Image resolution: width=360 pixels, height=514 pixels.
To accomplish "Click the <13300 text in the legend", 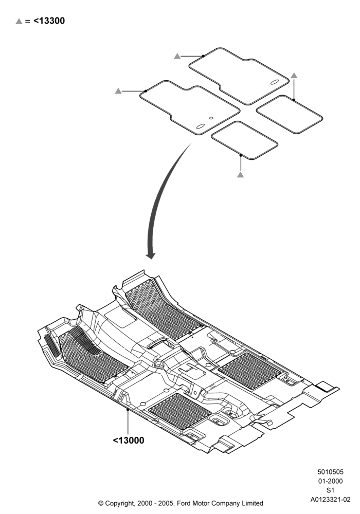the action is (x=49, y=21).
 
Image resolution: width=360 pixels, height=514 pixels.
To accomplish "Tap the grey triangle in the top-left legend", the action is (x=19, y=21).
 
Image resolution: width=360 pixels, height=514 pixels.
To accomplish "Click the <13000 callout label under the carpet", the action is (x=129, y=440).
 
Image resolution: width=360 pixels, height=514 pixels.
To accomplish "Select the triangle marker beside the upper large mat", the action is (x=177, y=56).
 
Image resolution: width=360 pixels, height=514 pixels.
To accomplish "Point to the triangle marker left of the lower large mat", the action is (x=118, y=91).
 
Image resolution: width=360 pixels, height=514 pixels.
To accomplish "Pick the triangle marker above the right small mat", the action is (x=294, y=76).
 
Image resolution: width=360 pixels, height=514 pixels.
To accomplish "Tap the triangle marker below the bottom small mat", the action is (x=240, y=174).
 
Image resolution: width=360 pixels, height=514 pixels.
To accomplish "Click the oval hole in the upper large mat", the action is (x=275, y=82).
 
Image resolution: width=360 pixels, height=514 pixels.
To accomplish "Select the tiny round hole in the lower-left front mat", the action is (x=211, y=118).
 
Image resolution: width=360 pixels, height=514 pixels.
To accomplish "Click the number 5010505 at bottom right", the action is (x=331, y=472).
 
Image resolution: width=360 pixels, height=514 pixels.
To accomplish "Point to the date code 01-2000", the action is (x=331, y=481).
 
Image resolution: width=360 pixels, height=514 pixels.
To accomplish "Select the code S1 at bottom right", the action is (x=331, y=490).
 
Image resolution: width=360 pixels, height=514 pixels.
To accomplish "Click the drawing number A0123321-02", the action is (x=331, y=499).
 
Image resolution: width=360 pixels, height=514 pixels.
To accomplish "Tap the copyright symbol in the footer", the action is (x=101, y=503).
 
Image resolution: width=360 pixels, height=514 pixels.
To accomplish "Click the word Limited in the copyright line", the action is (x=252, y=503).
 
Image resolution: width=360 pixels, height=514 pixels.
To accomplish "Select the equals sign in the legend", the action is (x=28, y=21).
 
